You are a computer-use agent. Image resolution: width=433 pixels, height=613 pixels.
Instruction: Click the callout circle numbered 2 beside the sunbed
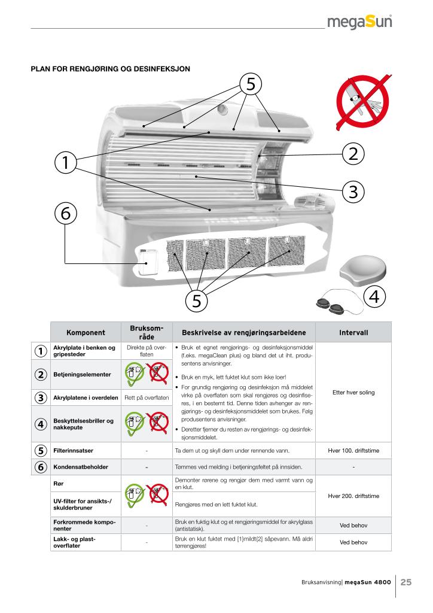click(x=353, y=153)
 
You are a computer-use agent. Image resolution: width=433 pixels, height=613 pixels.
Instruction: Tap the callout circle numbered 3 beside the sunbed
click(x=353, y=192)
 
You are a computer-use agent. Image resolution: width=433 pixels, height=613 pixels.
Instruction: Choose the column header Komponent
click(x=86, y=332)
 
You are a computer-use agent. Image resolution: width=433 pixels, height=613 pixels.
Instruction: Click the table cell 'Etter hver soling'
click(x=353, y=393)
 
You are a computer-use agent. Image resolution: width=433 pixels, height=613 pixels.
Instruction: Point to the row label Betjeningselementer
click(x=83, y=375)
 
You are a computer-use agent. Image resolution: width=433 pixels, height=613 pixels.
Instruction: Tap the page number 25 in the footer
click(x=406, y=581)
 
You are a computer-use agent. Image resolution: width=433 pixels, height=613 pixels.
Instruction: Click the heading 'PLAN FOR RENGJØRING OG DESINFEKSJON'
click(x=111, y=69)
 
